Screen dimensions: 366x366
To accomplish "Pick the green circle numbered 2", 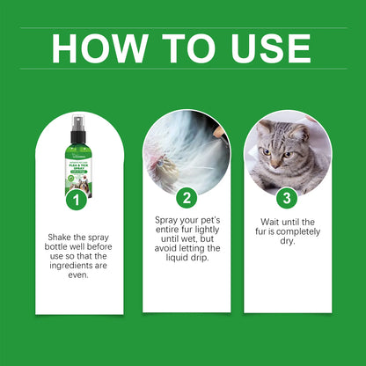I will [x=186, y=198].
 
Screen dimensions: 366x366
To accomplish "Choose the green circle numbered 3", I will [x=288, y=198].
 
